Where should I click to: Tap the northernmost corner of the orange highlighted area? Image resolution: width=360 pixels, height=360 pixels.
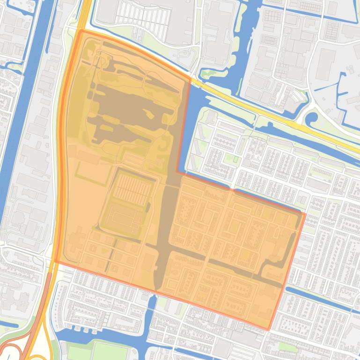pos(81,31)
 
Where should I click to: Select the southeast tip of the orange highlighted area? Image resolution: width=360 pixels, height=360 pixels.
pos(269,330)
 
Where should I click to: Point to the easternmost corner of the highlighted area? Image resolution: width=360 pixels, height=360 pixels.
pos(305,214)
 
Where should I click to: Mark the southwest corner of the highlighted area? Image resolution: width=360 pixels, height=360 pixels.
pos(55,261)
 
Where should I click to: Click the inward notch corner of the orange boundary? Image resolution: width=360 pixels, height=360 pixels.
pos(177,172)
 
